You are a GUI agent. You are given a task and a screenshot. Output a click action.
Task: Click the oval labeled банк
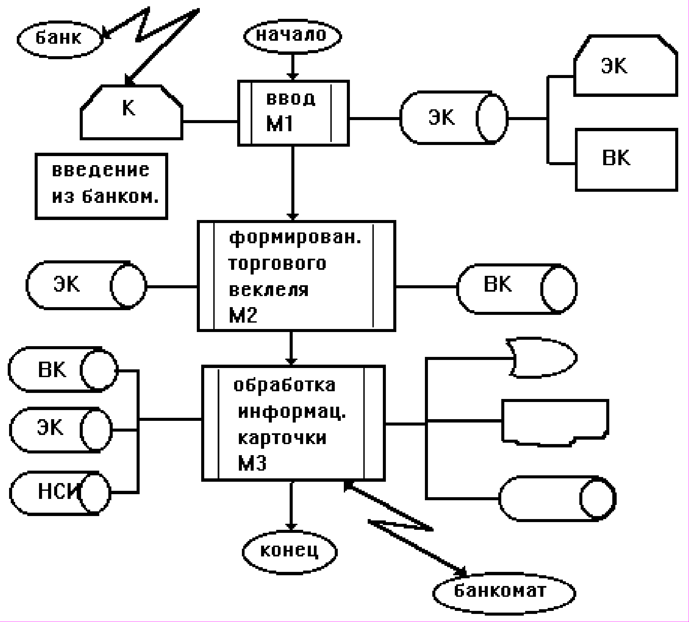click(x=59, y=38)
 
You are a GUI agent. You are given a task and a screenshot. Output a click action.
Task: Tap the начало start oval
click(x=292, y=36)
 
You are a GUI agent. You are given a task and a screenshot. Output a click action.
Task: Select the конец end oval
click(x=289, y=551)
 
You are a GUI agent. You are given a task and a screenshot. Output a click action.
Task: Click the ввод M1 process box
click(x=293, y=113)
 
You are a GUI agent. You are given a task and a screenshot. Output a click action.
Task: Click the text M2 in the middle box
click(x=243, y=315)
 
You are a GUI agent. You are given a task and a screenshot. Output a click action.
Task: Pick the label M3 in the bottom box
click(x=252, y=464)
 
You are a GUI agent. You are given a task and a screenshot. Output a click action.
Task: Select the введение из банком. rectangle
click(x=102, y=186)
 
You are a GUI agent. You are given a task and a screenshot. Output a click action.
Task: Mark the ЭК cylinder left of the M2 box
click(x=85, y=285)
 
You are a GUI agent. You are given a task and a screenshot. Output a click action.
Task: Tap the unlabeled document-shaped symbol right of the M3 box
click(x=555, y=421)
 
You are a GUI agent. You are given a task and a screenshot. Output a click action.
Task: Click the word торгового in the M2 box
click(x=277, y=264)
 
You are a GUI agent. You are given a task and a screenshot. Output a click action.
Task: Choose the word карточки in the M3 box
click(x=282, y=438)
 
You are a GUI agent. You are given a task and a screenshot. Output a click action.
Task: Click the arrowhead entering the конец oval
click(x=291, y=527)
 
